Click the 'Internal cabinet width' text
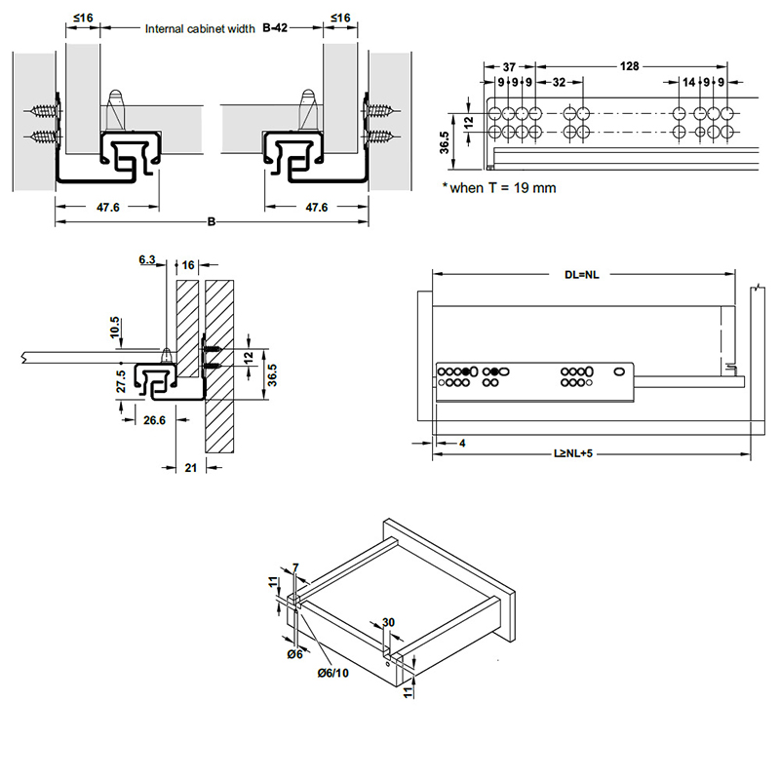click(201, 29)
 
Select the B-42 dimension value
click(277, 29)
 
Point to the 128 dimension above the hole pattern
click(629, 65)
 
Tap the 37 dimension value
click(509, 65)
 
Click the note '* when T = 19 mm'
click(498, 187)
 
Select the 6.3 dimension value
click(147, 259)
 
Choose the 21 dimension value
click(191, 468)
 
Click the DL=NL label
click(580, 275)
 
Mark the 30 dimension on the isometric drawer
click(388, 623)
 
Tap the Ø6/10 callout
click(332, 673)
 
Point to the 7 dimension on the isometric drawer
click(295, 566)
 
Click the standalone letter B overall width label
click(212, 222)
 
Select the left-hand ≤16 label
click(82, 17)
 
